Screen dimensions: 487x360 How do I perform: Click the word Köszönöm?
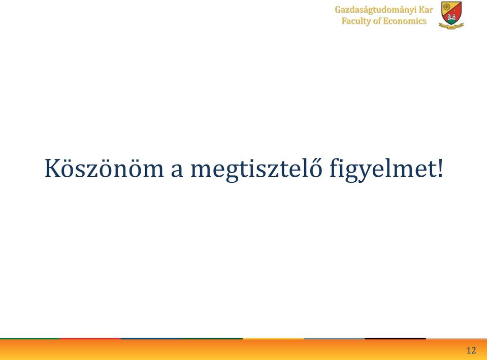click(104, 168)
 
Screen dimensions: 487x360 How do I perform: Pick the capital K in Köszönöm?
click(52, 168)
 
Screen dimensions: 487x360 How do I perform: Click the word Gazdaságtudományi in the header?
click(375, 10)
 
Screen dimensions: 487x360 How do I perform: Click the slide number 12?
click(471, 350)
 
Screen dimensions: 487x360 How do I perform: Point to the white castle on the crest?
click(451, 17)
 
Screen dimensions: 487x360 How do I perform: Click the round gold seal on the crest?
click(446, 6)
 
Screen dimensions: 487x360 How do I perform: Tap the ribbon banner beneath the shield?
click(451, 26)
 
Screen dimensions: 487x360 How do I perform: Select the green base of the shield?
click(451, 21)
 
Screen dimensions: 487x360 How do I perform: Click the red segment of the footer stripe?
click(90, 339)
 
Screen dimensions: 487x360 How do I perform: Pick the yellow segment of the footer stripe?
click(273, 339)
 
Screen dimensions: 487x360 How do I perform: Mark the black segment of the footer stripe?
click(395, 339)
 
